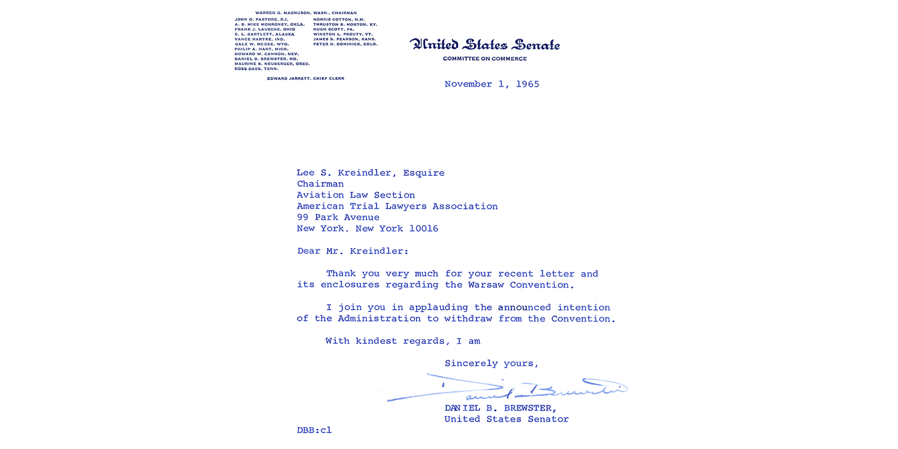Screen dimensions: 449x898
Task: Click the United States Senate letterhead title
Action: click(x=484, y=45)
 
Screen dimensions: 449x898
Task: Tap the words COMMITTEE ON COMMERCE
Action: click(x=484, y=59)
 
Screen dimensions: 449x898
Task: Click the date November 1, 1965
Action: click(x=491, y=84)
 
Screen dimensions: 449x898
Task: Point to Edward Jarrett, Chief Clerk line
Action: click(x=305, y=78)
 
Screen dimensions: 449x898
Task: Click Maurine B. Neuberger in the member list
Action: click(x=272, y=64)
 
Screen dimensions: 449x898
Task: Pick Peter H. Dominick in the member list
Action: click(x=345, y=44)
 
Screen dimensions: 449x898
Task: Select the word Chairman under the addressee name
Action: click(x=320, y=184)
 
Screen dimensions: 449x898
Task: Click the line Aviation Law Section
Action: click(x=355, y=195)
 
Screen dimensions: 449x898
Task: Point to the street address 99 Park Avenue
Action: click(x=337, y=217)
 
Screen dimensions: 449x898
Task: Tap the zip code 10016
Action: click(x=423, y=229)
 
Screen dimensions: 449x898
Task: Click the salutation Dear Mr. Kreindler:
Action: click(x=352, y=251)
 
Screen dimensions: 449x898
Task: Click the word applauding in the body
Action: click(x=439, y=307)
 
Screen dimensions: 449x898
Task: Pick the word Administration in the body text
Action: click(x=379, y=319)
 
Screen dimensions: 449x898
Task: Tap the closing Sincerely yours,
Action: click(x=491, y=364)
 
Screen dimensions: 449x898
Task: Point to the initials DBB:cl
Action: click(x=314, y=430)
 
